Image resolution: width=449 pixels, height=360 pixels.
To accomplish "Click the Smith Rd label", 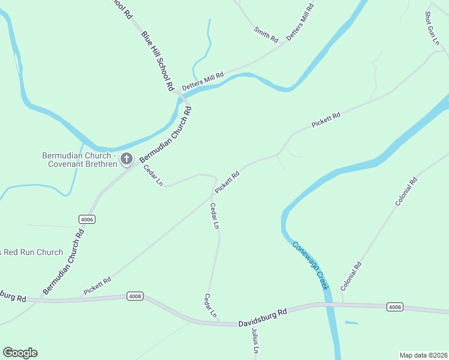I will pos(267,35).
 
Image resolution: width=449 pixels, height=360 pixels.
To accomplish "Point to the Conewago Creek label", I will pos(311,265).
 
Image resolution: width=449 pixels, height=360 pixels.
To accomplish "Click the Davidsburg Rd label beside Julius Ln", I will pos(263,316).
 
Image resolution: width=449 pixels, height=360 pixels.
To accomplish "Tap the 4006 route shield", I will pos(86,220).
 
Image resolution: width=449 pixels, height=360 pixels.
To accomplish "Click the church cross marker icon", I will pos(127,159).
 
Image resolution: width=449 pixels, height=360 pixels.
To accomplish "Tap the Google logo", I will pos(20,353).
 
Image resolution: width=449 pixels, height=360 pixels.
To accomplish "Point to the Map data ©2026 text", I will pos(423,355).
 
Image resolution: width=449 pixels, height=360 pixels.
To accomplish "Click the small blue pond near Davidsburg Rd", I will pos(351,323).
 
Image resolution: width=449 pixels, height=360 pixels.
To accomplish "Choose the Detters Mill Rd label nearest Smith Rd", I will pos(300,22).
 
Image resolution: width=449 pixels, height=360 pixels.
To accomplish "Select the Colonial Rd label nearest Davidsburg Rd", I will pos(351,277).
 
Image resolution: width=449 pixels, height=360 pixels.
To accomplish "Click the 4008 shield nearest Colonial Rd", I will pos(394,307).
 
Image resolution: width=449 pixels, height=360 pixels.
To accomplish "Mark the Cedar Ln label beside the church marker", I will pos(153,175).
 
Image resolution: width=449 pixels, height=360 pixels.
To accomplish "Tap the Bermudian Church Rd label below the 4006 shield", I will pos(63,262).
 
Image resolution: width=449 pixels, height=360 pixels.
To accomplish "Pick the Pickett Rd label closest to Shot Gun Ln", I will pos(326,119).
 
